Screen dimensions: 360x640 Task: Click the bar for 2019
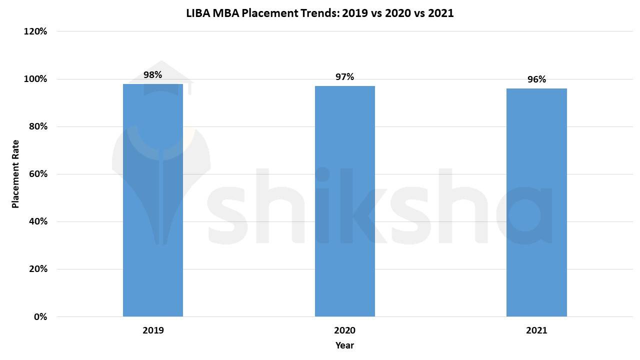[x=153, y=200]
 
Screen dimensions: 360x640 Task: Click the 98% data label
[x=152, y=75]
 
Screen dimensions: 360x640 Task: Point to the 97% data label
[x=344, y=77]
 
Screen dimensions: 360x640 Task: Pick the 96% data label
[x=536, y=79]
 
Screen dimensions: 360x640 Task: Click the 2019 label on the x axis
[x=153, y=330]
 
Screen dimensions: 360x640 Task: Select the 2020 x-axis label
[x=344, y=330]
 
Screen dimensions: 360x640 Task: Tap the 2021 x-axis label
[x=536, y=330]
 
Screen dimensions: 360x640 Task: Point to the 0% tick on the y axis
[x=40, y=317]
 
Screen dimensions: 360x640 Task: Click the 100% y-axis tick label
[x=35, y=79]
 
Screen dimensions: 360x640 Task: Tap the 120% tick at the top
[x=35, y=31]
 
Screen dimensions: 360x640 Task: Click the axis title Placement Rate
[x=15, y=173]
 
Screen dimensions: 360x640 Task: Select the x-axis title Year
[x=344, y=345]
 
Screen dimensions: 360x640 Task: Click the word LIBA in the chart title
[x=198, y=13]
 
